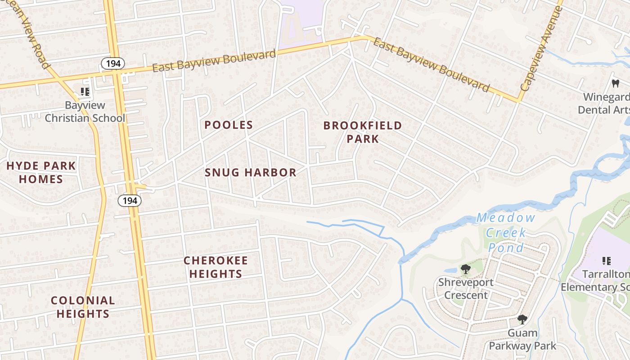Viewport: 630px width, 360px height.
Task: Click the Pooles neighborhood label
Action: (229, 125)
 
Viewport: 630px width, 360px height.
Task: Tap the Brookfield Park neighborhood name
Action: (363, 132)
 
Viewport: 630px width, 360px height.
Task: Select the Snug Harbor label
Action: (251, 172)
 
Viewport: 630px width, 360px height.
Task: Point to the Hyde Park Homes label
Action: (41, 172)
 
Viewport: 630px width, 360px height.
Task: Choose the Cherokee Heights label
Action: (216, 267)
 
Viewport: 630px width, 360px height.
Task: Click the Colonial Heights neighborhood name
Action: (83, 307)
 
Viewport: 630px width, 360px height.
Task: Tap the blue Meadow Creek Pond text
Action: (506, 233)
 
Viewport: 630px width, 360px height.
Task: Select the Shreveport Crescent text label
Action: (465, 289)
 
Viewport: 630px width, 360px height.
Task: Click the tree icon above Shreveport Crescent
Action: (465, 270)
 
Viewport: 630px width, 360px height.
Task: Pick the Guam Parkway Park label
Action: (522, 339)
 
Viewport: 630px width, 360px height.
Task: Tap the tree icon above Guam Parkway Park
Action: (522, 319)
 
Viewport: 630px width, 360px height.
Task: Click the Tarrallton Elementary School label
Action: (596, 281)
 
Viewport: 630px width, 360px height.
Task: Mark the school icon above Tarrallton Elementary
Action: (606, 261)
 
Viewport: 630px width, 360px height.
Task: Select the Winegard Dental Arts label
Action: (604, 103)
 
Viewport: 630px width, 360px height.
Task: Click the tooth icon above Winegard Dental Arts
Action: (615, 83)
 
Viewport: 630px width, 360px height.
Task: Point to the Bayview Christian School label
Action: (85, 112)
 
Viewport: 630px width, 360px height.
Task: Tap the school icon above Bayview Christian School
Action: (85, 92)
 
